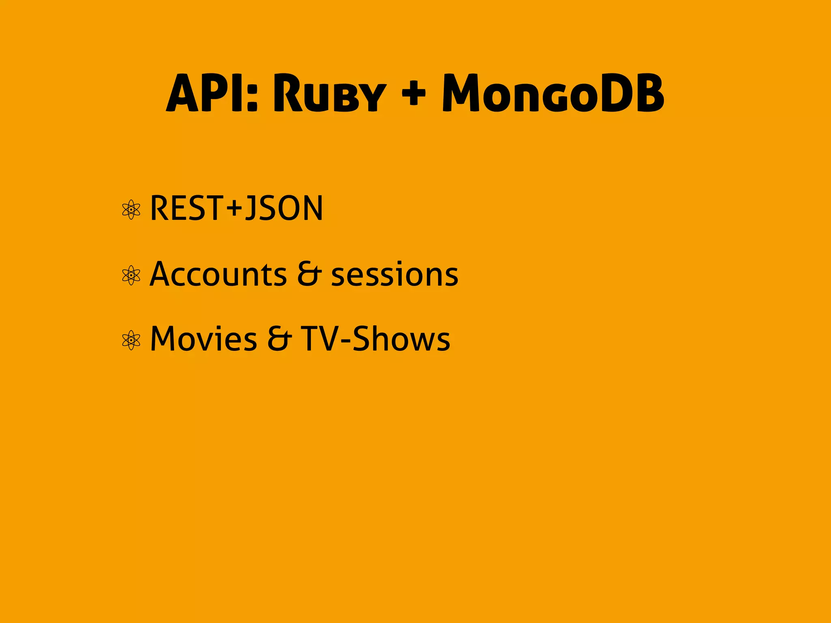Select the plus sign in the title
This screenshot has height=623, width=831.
[x=413, y=93]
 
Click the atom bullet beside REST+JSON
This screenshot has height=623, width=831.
[x=131, y=210]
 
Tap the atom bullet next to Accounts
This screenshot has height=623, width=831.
[x=131, y=275]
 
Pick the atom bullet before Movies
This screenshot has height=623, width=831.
[x=131, y=340]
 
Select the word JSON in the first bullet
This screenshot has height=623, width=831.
[x=284, y=208]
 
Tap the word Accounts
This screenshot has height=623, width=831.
[x=218, y=274]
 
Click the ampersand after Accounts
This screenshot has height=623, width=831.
[x=309, y=274]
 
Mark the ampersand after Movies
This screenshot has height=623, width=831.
[x=279, y=339]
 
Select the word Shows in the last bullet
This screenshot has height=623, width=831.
[x=401, y=339]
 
